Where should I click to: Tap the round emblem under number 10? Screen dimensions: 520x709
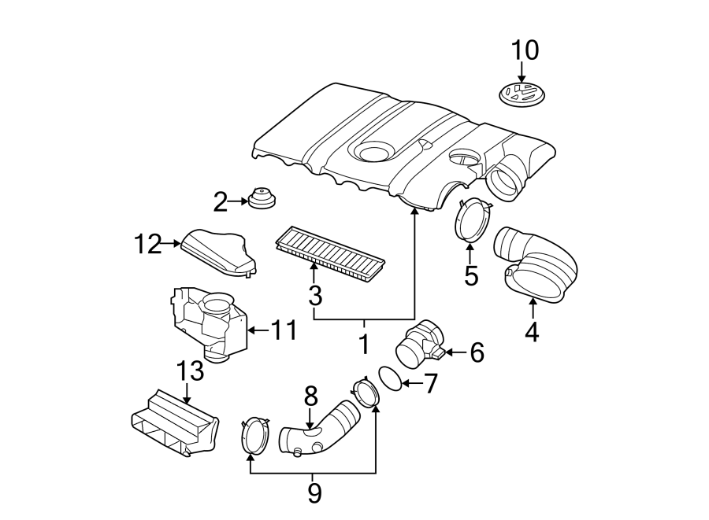coord(522,97)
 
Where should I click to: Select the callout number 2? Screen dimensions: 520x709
coord(220,202)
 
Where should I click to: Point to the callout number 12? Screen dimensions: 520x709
coord(147,245)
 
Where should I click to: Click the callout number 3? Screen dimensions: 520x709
coord(314,296)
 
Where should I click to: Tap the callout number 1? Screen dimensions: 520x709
coord(363,344)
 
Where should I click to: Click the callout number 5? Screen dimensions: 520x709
coord(471,276)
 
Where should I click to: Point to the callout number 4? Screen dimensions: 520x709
coord(532,332)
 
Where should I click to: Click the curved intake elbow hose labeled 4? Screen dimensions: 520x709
coord(536,264)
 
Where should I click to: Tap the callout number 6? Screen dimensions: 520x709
coord(477,352)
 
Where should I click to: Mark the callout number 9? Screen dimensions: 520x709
coord(314,493)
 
